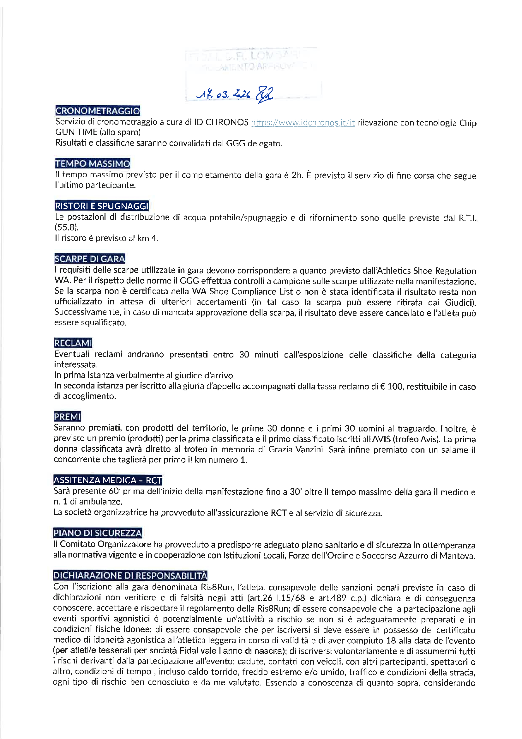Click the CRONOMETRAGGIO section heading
pyautogui.click(x=98, y=111)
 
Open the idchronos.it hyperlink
pyautogui.click(x=303, y=123)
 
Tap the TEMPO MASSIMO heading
pyautogui.click(x=92, y=163)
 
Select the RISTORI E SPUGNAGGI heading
pyautogui.click(x=102, y=206)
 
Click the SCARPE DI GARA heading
pyautogui.click(x=89, y=259)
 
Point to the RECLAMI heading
pyautogui.click(x=73, y=343)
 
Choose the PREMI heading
pyautogui.click(x=67, y=417)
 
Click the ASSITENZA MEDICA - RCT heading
pyautogui.click(x=107, y=480)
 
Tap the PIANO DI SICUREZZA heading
pyautogui.click(x=98, y=533)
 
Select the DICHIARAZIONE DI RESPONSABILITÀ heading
pyautogui.click(x=130, y=576)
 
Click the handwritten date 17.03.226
pyautogui.click(x=223, y=94)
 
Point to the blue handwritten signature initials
pyautogui.click(x=264, y=94)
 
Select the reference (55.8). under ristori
pyautogui.click(x=66, y=228)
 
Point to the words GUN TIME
pyautogui.click(x=76, y=132)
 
